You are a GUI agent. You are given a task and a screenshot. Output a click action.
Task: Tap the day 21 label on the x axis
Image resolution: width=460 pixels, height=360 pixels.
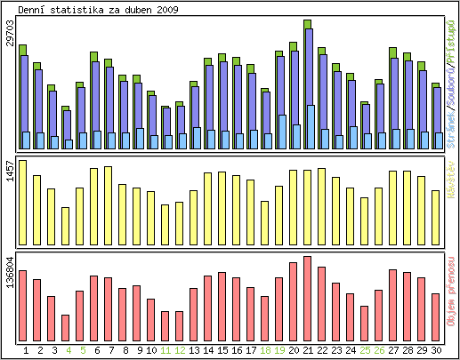tap(308, 351)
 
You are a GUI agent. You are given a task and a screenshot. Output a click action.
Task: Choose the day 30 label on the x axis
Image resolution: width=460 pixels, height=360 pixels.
tap(436, 351)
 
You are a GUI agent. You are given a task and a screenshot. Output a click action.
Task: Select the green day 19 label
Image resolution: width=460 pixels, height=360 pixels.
tap(279, 351)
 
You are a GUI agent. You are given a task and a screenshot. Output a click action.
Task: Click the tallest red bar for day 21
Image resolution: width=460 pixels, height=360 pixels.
tap(308, 293)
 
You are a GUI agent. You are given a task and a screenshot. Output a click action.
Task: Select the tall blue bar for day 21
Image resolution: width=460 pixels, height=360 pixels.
tap(308, 71)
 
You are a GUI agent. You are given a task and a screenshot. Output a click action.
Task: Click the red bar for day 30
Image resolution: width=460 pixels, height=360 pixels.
tap(436, 311)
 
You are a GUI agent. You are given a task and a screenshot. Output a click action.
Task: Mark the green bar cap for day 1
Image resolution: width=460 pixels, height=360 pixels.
tap(23, 50)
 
